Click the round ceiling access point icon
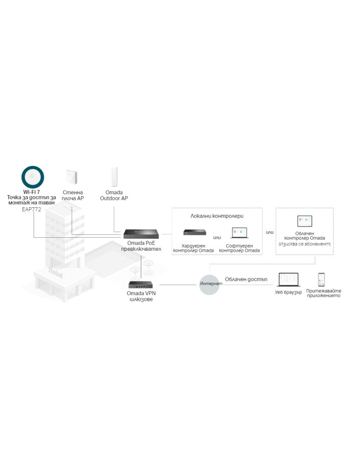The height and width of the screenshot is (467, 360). (33, 177)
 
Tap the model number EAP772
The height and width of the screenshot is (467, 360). (32, 210)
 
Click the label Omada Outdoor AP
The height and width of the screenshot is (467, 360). (114, 195)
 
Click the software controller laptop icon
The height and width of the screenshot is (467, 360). (239, 233)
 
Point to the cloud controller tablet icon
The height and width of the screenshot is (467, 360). (304, 221)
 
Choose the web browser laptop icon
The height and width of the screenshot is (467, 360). (288, 280)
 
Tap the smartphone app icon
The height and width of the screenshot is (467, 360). (322, 279)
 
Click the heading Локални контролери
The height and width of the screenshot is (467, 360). (217, 216)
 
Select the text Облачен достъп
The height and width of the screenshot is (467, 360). (245, 279)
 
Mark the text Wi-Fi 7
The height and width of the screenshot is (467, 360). (31, 192)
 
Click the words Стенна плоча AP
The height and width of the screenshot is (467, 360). (73, 195)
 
